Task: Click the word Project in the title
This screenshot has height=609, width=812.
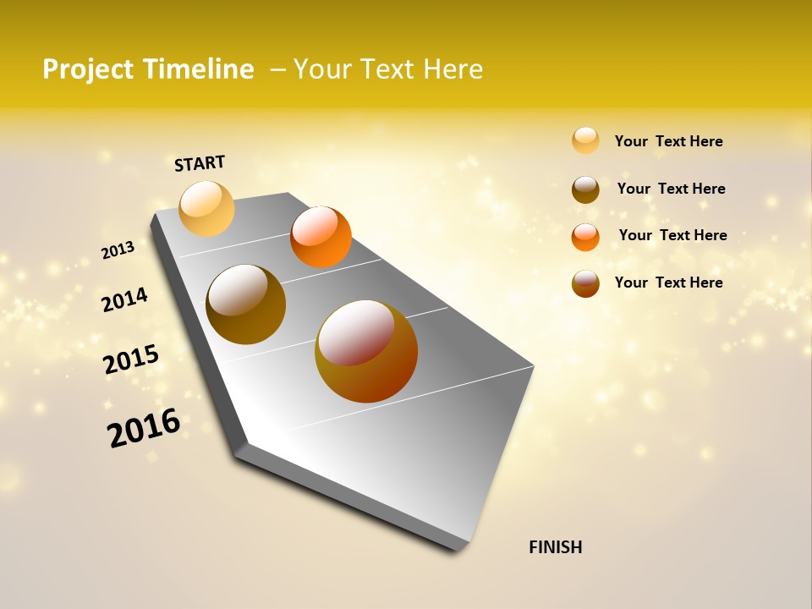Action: pyautogui.click(x=89, y=69)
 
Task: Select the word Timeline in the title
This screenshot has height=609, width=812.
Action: pyautogui.click(x=200, y=69)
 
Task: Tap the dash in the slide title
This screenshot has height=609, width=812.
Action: pyautogui.click(x=277, y=69)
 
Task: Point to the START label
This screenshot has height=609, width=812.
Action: pyautogui.click(x=200, y=163)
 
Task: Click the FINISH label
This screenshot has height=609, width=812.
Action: pyautogui.click(x=555, y=547)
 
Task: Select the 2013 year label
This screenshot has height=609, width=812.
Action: pyautogui.click(x=118, y=250)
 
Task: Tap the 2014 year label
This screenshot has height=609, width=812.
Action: pyautogui.click(x=124, y=299)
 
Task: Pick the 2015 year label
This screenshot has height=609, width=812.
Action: pyautogui.click(x=131, y=359)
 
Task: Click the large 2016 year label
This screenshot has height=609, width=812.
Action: pyautogui.click(x=144, y=428)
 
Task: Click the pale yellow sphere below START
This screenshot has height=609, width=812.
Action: pyautogui.click(x=207, y=208)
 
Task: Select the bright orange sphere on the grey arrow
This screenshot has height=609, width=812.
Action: pyautogui.click(x=321, y=237)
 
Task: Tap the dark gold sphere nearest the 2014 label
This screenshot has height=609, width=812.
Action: pyautogui.click(x=245, y=304)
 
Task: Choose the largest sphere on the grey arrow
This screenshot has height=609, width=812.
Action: pyautogui.click(x=366, y=351)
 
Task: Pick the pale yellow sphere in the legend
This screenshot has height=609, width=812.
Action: pyautogui.click(x=585, y=141)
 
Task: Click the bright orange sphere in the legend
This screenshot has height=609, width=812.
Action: pyautogui.click(x=585, y=237)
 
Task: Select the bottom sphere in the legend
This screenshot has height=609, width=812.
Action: pyautogui.click(x=585, y=283)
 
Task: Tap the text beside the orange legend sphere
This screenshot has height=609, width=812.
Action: pyautogui.click(x=672, y=235)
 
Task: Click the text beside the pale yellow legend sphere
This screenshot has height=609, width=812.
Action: pyautogui.click(x=668, y=141)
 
